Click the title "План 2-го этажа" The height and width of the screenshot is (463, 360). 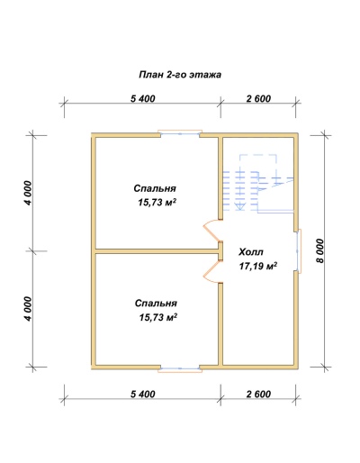tap(180, 75)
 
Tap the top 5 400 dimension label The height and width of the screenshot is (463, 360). tap(143, 98)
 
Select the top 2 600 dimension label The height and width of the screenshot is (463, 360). tap(258, 98)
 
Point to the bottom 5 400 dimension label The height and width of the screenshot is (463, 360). tap(143, 394)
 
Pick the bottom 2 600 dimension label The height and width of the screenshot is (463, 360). tap(258, 394)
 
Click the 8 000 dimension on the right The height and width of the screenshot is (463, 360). tap(320, 251)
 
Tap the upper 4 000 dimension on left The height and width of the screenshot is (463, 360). tap(28, 193)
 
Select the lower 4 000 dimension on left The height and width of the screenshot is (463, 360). tap(28, 309)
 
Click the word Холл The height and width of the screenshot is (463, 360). tap(251, 252)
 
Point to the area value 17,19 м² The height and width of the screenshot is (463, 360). tap(258, 266)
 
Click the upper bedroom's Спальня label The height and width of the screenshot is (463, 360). tap(155, 188)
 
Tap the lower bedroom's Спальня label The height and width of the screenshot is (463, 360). tap(156, 304)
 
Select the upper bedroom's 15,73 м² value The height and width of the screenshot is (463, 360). tap(157, 203)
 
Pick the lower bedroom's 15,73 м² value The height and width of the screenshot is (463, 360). tap(158, 317)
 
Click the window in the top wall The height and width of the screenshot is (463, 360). tap(180, 134)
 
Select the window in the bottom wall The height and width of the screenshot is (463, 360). tap(180, 368)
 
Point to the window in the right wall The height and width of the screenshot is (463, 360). tap(299, 251)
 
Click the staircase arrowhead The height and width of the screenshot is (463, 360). tap(239, 206)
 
